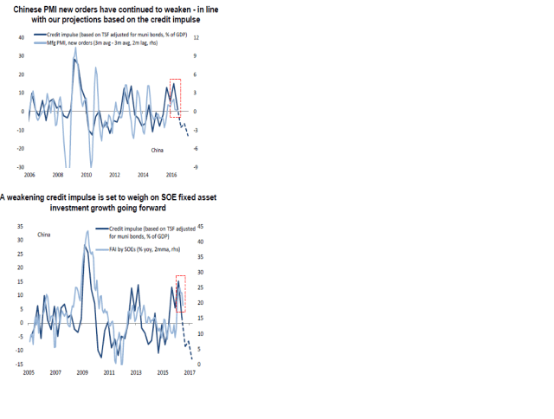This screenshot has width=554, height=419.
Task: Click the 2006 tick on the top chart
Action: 29,174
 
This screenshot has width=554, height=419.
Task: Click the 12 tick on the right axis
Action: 196,38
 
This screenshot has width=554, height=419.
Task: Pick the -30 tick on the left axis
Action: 21,167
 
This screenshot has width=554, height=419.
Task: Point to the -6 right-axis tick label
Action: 196,149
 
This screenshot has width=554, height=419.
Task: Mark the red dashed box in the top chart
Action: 176,99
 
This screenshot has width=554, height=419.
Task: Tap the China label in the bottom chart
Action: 44,235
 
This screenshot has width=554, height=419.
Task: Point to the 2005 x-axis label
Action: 29,372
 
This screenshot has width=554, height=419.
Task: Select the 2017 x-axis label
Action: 190,372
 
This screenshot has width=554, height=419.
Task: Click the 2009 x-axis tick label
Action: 82,372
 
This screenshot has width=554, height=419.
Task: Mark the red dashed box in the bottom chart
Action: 180,293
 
